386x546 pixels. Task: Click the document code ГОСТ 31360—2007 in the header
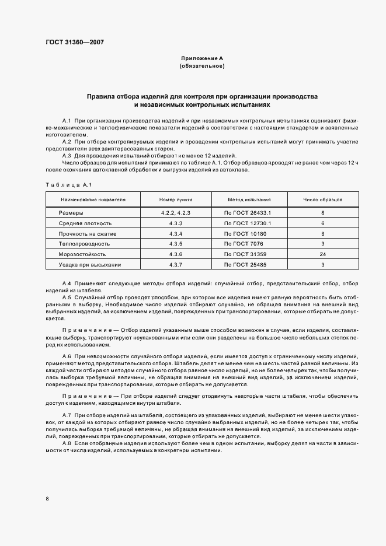click(x=75, y=41)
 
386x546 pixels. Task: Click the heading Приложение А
click(x=202, y=59)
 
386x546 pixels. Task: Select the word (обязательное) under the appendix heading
click(x=202, y=66)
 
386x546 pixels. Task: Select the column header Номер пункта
click(x=176, y=199)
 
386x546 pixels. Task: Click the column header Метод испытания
click(x=248, y=199)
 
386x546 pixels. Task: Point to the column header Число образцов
click(x=322, y=199)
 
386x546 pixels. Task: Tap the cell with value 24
click(x=322, y=254)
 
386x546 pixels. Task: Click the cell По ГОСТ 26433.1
click(x=248, y=213)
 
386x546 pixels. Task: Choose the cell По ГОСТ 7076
click(x=244, y=244)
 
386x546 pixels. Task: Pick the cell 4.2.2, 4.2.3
click(x=176, y=213)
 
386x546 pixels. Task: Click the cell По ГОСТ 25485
click(x=246, y=265)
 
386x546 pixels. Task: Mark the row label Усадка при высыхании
click(x=89, y=265)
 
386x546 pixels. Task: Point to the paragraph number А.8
click(x=66, y=443)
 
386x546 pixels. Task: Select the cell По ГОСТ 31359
click(x=246, y=254)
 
